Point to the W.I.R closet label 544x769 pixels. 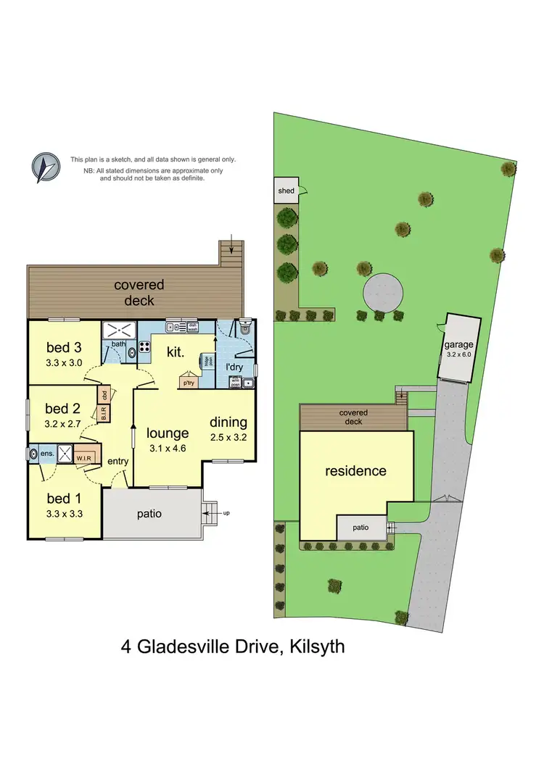pos(85,457)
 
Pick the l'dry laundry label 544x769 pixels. pos(234,367)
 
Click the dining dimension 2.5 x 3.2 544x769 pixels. pos(228,437)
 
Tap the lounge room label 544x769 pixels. pos(168,433)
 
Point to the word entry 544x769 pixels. pos(118,461)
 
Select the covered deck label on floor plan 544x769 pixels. pos(139,293)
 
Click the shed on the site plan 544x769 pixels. pos(287,191)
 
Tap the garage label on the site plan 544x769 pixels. pos(458,345)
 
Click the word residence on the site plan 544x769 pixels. pos(355,471)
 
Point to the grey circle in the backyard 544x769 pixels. pos(383,293)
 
